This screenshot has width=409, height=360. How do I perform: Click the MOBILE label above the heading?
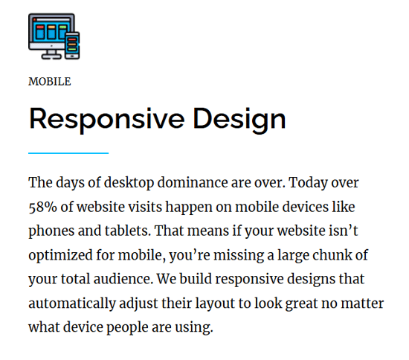point(50,82)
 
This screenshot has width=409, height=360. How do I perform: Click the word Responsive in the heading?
point(107,120)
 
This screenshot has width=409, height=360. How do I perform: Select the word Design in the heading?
point(239,120)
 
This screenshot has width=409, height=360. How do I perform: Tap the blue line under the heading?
point(68,153)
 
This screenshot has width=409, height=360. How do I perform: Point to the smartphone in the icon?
point(72,45)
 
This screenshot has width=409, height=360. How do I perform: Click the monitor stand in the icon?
point(51,54)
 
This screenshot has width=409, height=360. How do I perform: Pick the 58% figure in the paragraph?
point(42,207)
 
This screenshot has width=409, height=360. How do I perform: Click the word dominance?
point(193,182)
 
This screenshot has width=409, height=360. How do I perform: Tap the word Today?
point(308,183)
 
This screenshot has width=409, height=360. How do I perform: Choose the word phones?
point(51,231)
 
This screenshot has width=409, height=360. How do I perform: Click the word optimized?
point(60,256)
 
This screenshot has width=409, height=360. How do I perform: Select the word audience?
point(123,279)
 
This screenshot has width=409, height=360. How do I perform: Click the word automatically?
point(72,304)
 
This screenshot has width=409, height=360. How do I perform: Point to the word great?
point(301,304)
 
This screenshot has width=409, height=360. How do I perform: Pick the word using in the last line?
point(194,328)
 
